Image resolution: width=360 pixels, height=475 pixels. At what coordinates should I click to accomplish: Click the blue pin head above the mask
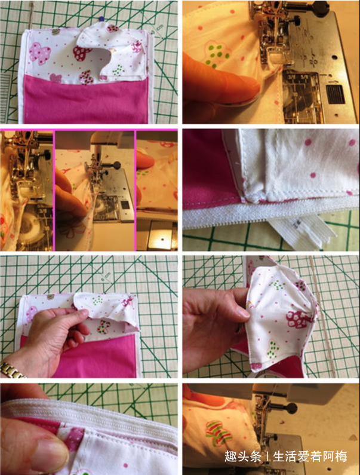101,19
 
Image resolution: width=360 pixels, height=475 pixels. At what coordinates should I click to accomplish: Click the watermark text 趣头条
242,456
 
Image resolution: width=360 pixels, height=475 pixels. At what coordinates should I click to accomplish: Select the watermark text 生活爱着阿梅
310,456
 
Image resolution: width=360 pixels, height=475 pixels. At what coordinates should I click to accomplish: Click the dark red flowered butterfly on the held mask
299,321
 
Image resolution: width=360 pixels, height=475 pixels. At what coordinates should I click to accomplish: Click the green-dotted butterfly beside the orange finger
217,54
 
